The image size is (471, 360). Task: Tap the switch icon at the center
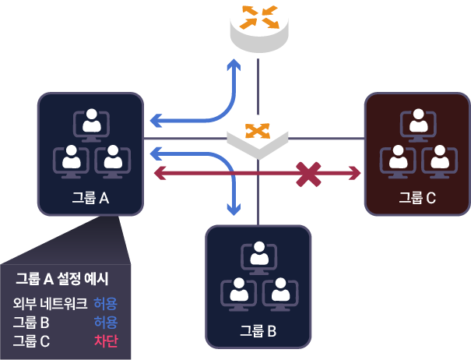tap(257, 136)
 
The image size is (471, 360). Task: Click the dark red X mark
tap(309, 173)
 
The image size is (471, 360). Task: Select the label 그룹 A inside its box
tap(90, 197)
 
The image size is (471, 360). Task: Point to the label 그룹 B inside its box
tap(258, 330)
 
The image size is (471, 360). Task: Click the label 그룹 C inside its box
tap(417, 197)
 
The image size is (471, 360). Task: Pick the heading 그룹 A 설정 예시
tap(62, 278)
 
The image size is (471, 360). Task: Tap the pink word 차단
tap(105, 341)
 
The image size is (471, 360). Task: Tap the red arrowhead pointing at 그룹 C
tap(357, 171)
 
